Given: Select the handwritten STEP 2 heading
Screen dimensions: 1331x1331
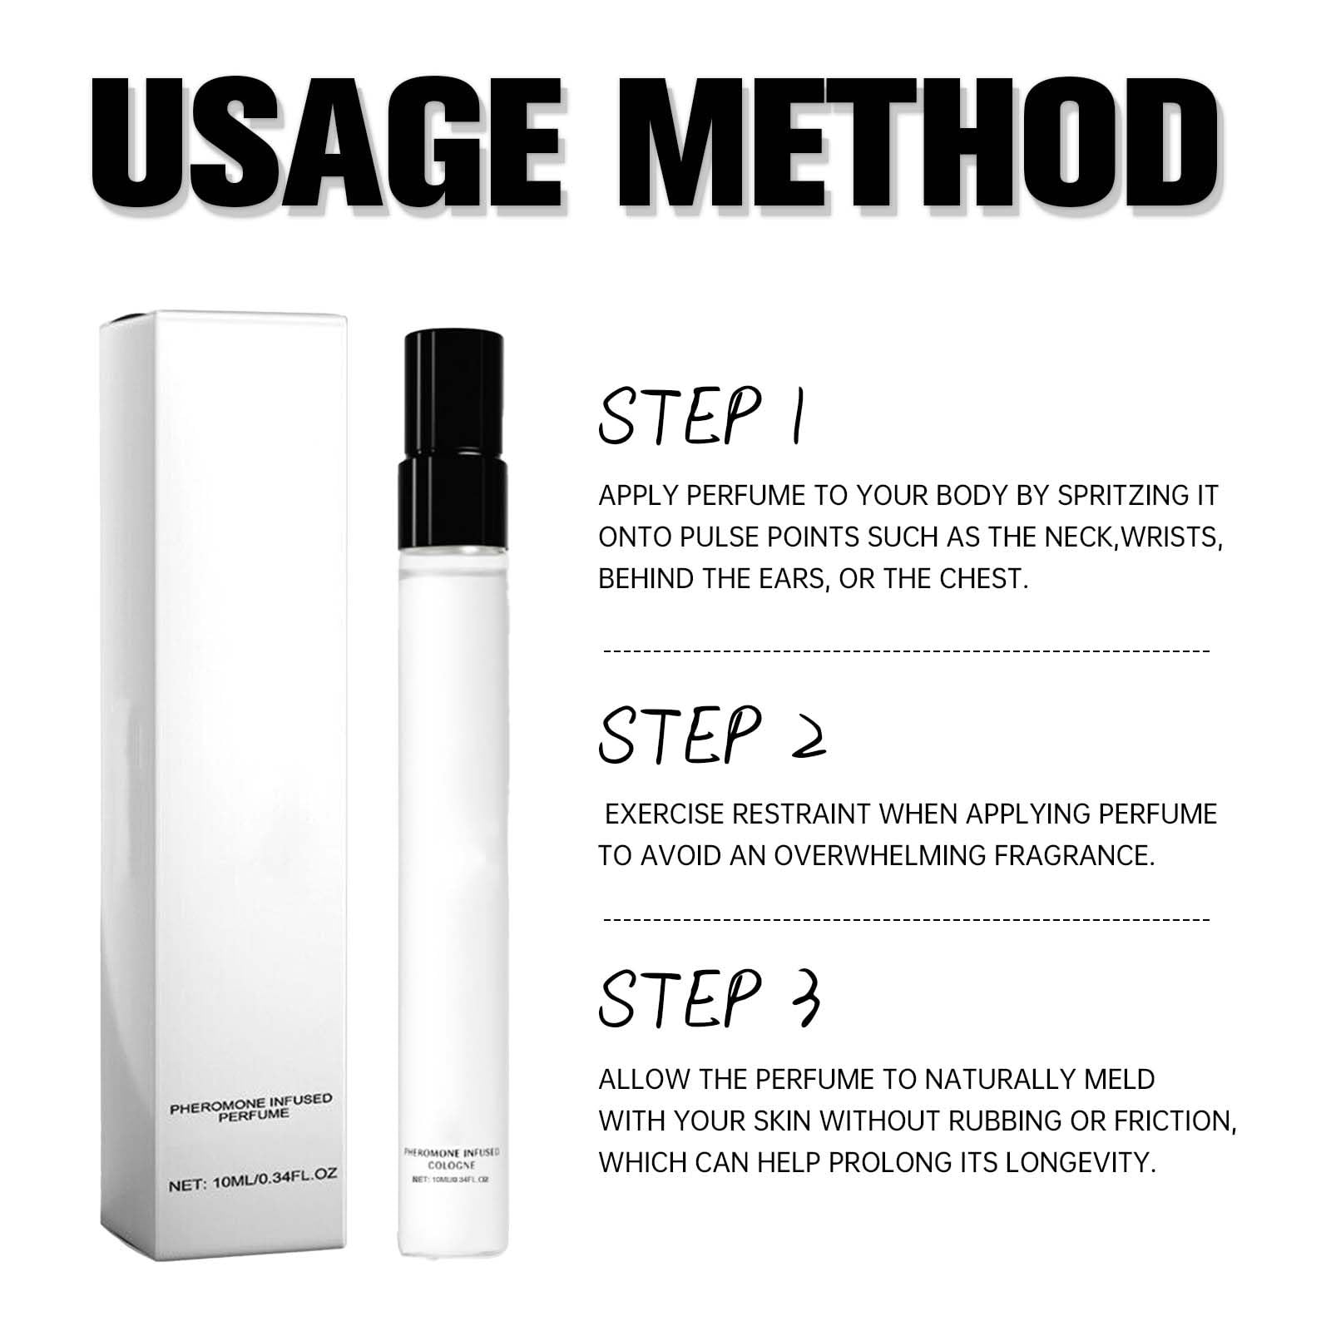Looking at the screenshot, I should coord(711,735).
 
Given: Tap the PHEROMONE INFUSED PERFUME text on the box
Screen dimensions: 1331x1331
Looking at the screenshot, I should coord(250,1107).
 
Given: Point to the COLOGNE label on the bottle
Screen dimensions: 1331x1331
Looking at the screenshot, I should coord(451,1165).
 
